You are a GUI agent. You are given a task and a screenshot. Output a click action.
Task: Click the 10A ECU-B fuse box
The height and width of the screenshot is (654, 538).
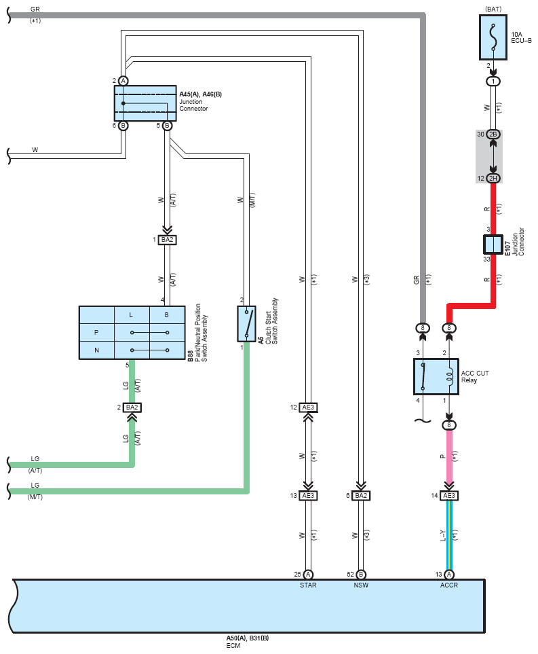pyautogui.click(x=493, y=37)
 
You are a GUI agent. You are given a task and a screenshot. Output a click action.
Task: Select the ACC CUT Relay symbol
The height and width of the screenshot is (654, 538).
pyautogui.click(x=436, y=376)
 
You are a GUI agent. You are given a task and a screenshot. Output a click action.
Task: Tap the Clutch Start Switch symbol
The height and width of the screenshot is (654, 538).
pyautogui.click(x=246, y=324)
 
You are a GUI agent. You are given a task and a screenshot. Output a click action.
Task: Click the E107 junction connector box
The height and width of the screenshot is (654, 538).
pyautogui.click(x=493, y=244)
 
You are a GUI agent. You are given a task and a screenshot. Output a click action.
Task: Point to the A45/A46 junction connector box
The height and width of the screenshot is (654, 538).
pyautogui.click(x=145, y=103)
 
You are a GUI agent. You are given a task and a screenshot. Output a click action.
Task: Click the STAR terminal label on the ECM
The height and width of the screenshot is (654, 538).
pyautogui.click(x=308, y=585)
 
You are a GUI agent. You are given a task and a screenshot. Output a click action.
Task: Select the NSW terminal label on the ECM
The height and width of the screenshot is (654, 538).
pyautogui.click(x=361, y=585)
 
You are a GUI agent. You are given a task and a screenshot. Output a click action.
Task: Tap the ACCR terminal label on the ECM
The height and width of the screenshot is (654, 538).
pyautogui.click(x=449, y=585)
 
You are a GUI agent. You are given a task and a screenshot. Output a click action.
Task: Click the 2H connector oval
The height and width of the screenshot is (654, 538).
pyautogui.click(x=493, y=179)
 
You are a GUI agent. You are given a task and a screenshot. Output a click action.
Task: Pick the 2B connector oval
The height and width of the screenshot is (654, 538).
pyautogui.click(x=493, y=134)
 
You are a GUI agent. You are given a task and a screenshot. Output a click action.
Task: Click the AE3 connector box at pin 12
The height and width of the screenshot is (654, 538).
pyautogui.click(x=308, y=407)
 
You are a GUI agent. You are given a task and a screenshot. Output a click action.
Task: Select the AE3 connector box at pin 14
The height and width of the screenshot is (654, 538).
pyautogui.click(x=449, y=496)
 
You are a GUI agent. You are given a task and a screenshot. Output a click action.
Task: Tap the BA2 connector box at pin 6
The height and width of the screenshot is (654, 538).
pyautogui.click(x=361, y=496)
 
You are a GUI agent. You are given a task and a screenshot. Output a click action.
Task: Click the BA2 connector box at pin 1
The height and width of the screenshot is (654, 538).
pyautogui.click(x=167, y=240)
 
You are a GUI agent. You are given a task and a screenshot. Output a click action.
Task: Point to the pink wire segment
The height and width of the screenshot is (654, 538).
pyautogui.click(x=449, y=458)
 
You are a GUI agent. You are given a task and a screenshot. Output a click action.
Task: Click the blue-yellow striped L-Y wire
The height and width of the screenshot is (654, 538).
pyautogui.click(x=449, y=535)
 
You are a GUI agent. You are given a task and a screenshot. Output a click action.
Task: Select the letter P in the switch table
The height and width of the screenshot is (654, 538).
pyautogui.click(x=96, y=332)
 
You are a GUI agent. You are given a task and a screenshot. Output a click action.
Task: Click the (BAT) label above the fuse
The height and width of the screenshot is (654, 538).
pyautogui.click(x=493, y=10)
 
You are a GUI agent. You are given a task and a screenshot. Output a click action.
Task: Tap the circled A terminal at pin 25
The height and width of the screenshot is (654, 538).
pyautogui.click(x=308, y=575)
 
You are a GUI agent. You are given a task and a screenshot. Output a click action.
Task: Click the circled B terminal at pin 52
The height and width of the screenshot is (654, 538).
pyautogui.click(x=361, y=575)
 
